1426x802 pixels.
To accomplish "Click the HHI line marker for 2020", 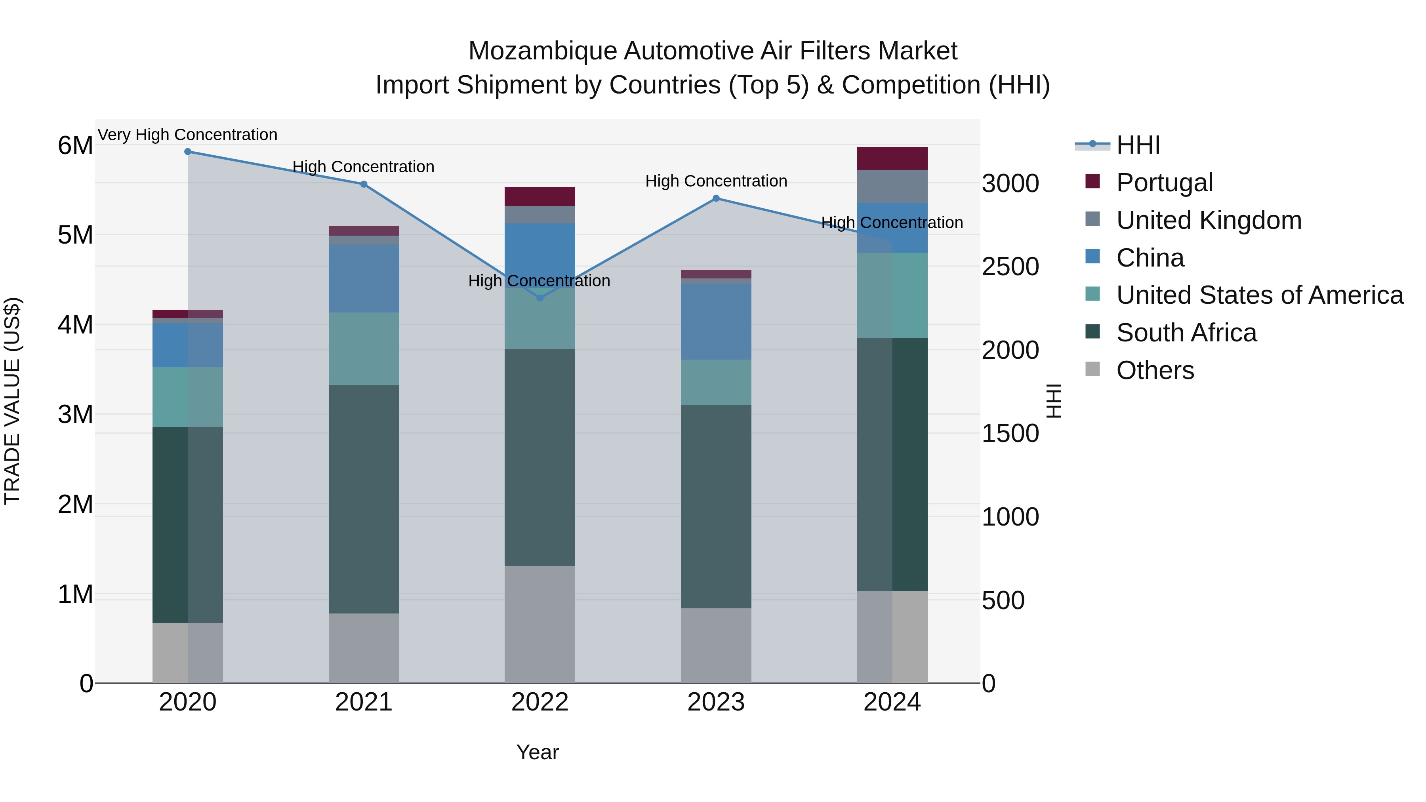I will pyautogui.click(x=188, y=152).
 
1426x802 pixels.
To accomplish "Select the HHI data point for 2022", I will pyautogui.click(x=540, y=298).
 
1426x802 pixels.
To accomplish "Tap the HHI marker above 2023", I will pyautogui.click(x=716, y=198).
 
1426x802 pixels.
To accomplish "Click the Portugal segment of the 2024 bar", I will pyautogui.click(x=892, y=159).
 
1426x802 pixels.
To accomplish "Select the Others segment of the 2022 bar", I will pyautogui.click(x=540, y=624).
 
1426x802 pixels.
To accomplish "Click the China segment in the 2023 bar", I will pyautogui.click(x=716, y=322).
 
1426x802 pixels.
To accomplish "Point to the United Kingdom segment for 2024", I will pyautogui.click(x=892, y=187).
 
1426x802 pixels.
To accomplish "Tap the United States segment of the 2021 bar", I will pyautogui.click(x=364, y=349).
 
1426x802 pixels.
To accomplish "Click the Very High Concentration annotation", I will pyautogui.click(x=188, y=135).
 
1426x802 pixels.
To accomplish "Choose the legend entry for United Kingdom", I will pyautogui.click(x=1209, y=220).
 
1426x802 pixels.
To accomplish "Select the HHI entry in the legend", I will pyautogui.click(x=1138, y=145).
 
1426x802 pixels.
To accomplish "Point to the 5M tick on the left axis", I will pyautogui.click(x=75, y=235).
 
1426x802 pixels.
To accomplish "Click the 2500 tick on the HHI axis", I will pyautogui.click(x=1010, y=267).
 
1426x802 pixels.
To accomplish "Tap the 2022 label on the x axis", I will pyautogui.click(x=540, y=702).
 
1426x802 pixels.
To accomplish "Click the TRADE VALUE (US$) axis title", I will pyautogui.click(x=12, y=401).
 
